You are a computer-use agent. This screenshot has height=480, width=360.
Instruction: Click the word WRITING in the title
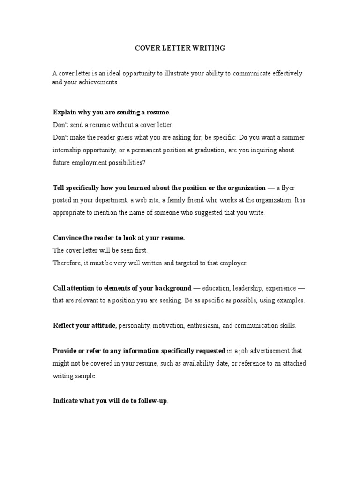(209, 48)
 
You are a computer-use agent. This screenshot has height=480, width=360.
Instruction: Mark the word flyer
(286, 188)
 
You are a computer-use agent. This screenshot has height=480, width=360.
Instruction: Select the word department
(118, 200)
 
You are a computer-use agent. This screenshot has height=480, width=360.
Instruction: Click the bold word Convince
(67, 238)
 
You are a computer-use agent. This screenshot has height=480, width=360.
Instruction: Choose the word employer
(232, 263)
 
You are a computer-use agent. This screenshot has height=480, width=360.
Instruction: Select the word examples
(290, 300)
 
